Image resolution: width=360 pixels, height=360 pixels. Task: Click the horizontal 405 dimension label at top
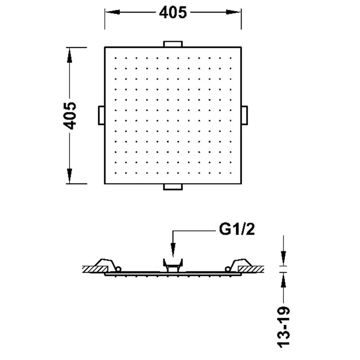(173, 13)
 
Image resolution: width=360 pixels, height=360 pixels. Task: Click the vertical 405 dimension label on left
(70, 116)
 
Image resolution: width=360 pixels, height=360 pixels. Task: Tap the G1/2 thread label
(237, 229)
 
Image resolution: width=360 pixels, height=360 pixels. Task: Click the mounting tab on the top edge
(173, 44)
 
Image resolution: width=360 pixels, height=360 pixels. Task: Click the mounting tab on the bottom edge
(173, 187)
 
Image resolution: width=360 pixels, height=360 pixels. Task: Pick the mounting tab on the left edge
(102, 115)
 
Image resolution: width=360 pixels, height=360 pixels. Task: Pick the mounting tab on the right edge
(244, 115)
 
